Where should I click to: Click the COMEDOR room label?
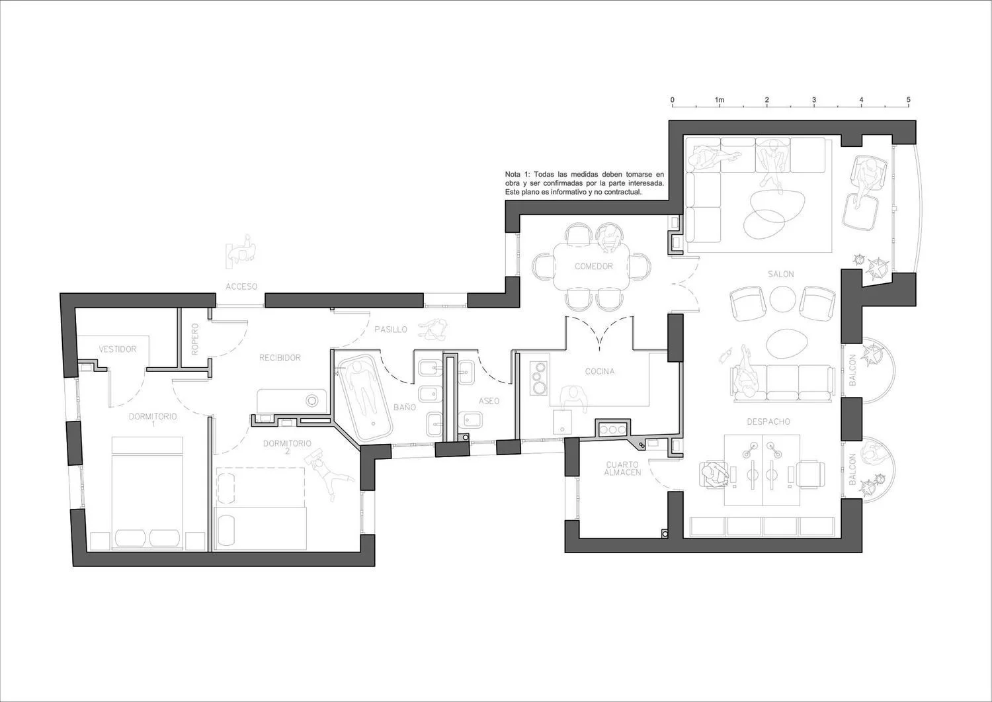594,267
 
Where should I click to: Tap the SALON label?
781,275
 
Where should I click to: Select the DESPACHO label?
768,421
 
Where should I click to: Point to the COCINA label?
600,371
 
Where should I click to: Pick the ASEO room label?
489,401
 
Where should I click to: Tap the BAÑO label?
405,407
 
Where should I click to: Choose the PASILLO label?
391,329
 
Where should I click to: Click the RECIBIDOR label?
280,358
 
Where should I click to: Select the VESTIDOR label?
118,349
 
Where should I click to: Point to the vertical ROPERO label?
195,339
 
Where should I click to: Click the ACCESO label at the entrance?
241,286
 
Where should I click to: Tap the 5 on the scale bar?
908,100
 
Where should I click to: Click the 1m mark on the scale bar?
720,100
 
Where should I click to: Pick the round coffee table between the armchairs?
782,299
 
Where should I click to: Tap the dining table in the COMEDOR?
591,266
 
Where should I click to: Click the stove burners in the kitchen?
538,379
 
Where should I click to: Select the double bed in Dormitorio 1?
147,494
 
